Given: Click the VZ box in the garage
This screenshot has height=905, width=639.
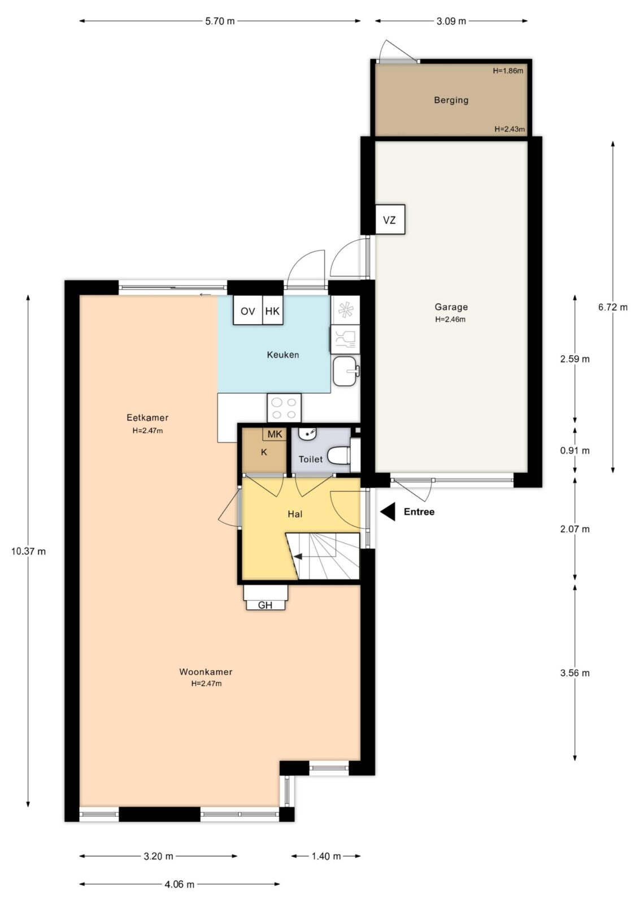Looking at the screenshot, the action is tap(389, 219).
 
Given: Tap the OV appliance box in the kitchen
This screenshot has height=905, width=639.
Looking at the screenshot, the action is tap(248, 310).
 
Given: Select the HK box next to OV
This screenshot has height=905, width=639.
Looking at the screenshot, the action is tap(272, 310).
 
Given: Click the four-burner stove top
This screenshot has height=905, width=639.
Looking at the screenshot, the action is tap(284, 408).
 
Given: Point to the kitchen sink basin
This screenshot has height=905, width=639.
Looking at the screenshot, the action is tap(345, 371).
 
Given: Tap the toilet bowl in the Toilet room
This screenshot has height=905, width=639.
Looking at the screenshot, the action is tap(338, 455).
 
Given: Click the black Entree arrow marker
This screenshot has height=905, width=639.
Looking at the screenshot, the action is tap(388, 512).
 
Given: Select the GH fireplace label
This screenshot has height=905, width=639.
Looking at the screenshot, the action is tap(265, 605).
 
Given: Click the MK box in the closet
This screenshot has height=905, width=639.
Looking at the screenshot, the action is tap(275, 434).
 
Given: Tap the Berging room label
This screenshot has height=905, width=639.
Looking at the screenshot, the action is tap(451, 100).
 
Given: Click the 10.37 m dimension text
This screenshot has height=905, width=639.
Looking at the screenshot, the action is tap(28, 551).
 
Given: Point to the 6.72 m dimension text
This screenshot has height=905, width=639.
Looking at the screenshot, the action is tap(613, 307).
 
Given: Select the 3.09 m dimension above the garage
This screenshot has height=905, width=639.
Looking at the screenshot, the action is tap(451, 21).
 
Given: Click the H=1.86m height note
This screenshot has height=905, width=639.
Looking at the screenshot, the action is tap(508, 71).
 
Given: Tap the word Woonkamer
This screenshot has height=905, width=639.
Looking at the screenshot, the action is tap(206, 671).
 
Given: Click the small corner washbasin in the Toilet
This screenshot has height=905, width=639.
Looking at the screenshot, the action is tap(307, 433).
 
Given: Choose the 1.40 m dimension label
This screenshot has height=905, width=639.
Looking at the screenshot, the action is tap(326, 856).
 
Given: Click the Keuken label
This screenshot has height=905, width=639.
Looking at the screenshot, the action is tap(283, 355).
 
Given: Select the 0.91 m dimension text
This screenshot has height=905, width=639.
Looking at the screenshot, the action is tap(575, 450).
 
